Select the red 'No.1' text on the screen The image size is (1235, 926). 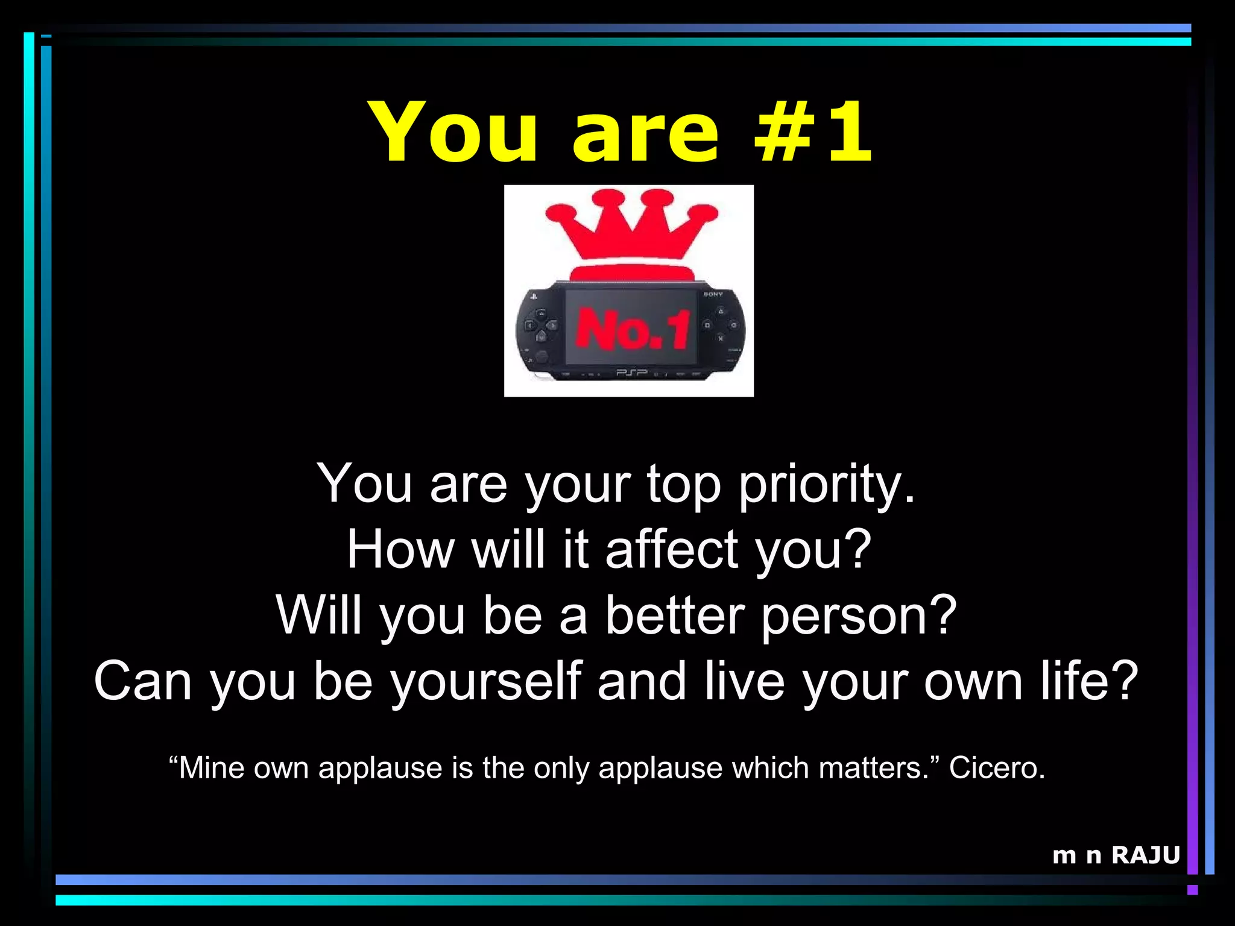tap(632, 329)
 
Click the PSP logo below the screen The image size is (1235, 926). tap(631, 373)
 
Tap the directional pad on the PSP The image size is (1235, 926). tap(540, 326)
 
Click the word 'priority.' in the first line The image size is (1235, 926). tap(827, 485)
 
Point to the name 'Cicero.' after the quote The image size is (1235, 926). tap(997, 768)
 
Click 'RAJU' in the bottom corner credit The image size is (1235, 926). tap(1146, 855)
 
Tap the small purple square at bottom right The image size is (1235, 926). tap(1192, 890)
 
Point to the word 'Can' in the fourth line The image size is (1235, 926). tap(142, 681)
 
